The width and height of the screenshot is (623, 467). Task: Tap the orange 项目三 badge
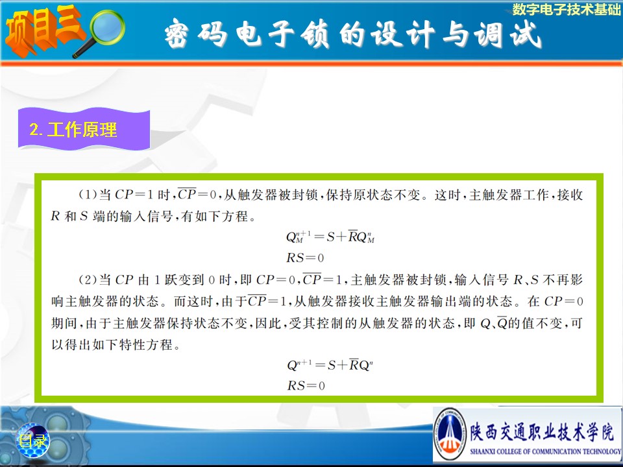tap(43, 30)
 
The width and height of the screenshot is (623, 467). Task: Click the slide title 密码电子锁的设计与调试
tap(353, 34)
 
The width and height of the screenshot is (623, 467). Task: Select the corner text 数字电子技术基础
tap(566, 9)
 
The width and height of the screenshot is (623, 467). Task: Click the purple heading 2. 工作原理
tap(73, 130)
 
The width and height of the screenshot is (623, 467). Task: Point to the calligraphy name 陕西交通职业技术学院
tap(542, 432)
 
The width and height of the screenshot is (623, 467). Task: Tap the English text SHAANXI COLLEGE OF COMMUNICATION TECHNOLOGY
tap(545, 451)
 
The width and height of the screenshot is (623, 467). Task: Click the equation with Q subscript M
tap(330, 237)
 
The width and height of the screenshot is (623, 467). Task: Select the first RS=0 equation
tap(305, 258)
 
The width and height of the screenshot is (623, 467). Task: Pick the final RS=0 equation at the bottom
tap(306, 385)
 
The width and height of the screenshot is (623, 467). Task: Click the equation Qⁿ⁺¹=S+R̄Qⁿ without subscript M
tap(330, 365)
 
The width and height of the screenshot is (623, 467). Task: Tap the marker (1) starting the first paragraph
tap(88, 195)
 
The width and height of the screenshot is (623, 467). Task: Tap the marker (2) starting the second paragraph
tap(88, 280)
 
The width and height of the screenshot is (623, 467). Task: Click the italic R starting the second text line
tap(55, 216)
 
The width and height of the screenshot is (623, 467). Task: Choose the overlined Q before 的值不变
tap(502, 323)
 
